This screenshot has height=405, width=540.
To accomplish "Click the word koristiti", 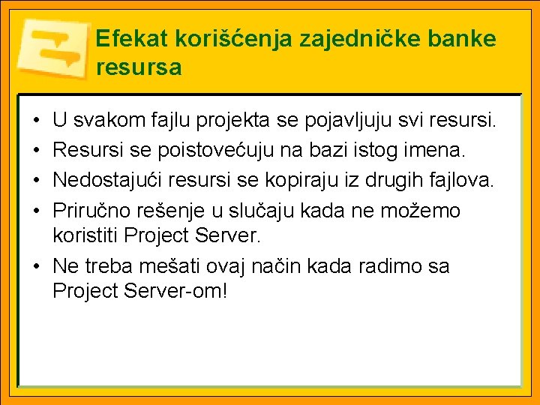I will click(x=85, y=236).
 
